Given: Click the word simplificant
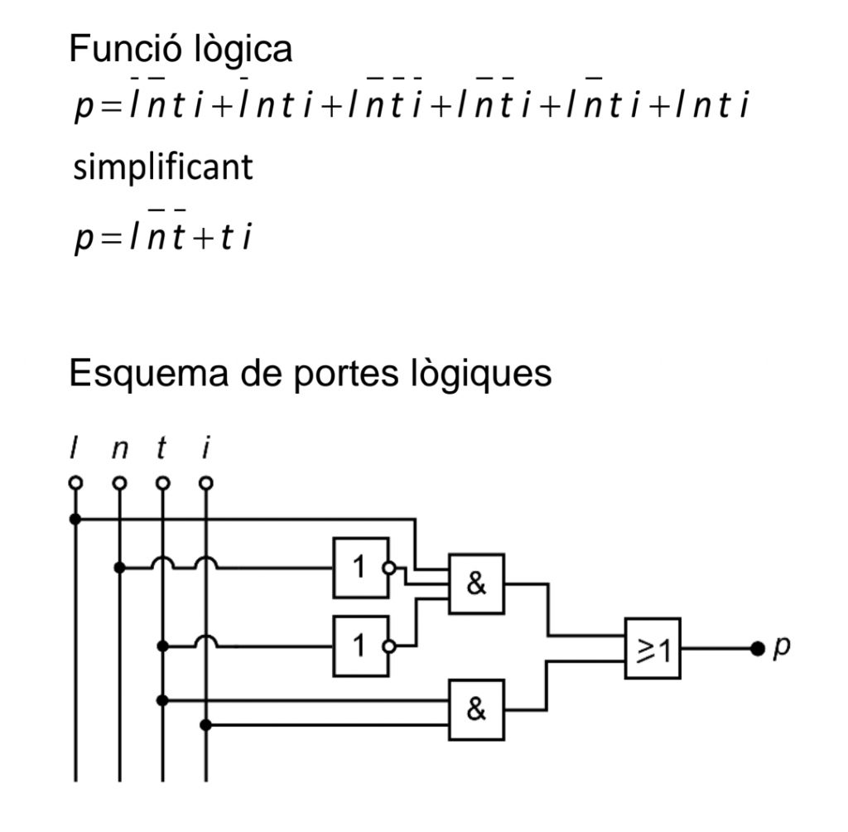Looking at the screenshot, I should (x=163, y=168).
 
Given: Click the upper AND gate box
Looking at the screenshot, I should (x=476, y=583).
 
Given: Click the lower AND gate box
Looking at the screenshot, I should (x=476, y=710).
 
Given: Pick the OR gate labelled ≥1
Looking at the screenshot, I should (x=653, y=648).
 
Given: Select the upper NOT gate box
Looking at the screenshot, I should (x=359, y=568).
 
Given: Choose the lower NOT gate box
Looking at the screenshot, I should (x=359, y=646).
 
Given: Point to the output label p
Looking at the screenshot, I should (x=781, y=647).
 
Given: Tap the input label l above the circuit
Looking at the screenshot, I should (x=76, y=451).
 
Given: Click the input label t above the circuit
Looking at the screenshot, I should (x=162, y=451).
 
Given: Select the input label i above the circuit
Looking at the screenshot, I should (x=205, y=451).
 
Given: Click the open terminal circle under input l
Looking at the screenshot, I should (x=76, y=482).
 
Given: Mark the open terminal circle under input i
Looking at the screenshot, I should (x=205, y=482).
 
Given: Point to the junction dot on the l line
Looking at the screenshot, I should (x=76, y=520).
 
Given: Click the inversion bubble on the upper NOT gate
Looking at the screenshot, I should (x=390, y=568).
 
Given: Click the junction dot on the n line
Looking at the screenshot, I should (x=119, y=568).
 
